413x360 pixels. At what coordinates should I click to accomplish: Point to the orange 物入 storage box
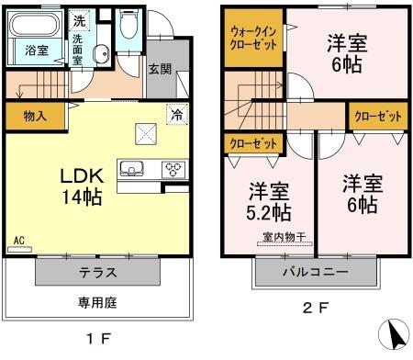click(36, 117)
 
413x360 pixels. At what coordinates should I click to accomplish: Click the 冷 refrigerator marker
click(173, 115)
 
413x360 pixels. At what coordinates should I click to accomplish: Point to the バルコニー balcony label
click(315, 273)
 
